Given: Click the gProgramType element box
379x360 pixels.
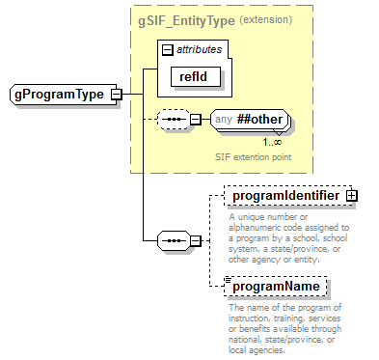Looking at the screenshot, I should [x=59, y=94].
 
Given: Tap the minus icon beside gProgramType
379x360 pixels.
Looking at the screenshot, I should [x=116, y=94].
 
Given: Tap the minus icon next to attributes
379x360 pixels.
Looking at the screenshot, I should [x=168, y=48].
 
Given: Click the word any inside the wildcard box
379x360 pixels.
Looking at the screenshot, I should [x=224, y=120].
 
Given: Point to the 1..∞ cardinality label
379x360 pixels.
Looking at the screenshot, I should [x=271, y=142].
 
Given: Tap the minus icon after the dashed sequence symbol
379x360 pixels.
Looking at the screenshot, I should [x=195, y=120].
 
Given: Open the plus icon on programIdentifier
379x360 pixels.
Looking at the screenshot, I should [x=352, y=195].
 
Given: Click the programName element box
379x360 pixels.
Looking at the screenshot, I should [x=275, y=287].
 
